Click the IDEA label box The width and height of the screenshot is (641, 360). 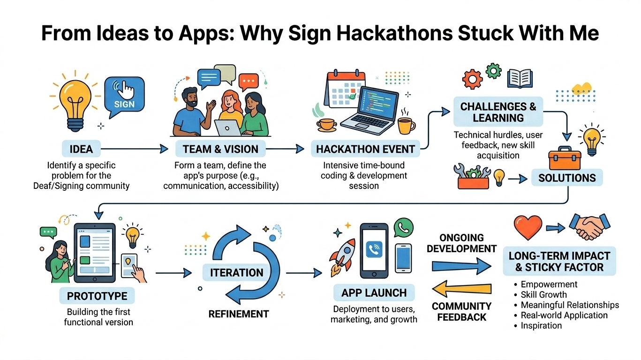pyautogui.click(x=81, y=150)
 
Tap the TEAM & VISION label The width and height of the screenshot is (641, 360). pyautogui.click(x=220, y=150)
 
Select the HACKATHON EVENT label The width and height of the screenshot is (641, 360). pyautogui.click(x=365, y=150)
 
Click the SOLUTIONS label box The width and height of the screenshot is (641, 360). pyautogui.click(x=567, y=178)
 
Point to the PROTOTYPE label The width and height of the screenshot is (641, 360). pyautogui.click(x=97, y=296)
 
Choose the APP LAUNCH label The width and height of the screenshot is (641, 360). pyautogui.click(x=374, y=293)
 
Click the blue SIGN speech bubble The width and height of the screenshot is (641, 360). pyautogui.click(x=124, y=97)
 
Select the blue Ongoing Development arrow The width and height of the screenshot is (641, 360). pyautogui.click(x=462, y=266)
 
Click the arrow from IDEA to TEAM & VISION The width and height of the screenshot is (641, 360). pyautogui.click(x=134, y=150)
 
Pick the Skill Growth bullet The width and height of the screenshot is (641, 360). pyautogui.click(x=543, y=295)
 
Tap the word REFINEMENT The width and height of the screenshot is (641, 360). pyautogui.click(x=239, y=314)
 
